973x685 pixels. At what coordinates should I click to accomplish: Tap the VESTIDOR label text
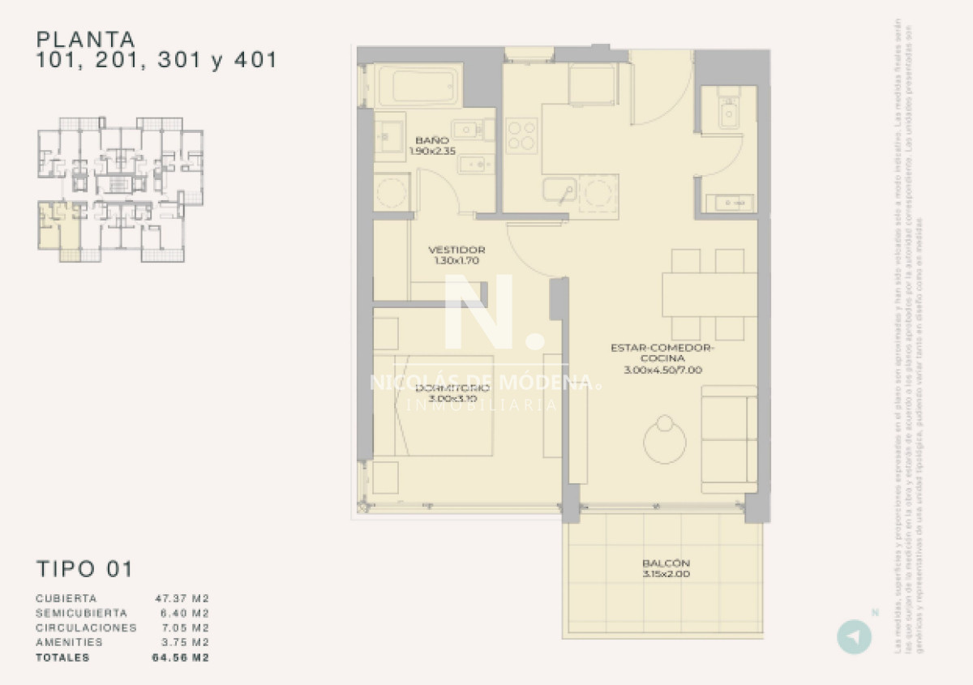coord(456,250)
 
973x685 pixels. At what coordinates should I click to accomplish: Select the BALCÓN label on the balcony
coord(665,563)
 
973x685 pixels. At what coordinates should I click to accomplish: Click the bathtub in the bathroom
coord(417,85)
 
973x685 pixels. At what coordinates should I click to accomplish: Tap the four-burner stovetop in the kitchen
coord(521,135)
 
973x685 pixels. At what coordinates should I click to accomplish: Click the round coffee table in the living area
coord(665,442)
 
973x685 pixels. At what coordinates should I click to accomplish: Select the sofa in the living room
coord(729,439)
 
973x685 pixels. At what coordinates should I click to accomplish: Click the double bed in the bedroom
coord(444,405)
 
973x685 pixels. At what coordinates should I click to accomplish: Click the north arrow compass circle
coord(854,636)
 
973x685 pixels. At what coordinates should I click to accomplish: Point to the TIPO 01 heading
coord(84,569)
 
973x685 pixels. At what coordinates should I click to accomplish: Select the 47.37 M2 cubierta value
coord(182,598)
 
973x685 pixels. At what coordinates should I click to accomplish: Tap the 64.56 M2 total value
coord(182,657)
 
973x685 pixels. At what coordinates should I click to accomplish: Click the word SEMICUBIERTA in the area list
coord(81,613)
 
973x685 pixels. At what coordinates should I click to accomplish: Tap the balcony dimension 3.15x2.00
coord(665,575)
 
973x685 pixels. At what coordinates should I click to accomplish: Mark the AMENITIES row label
coord(70,642)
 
